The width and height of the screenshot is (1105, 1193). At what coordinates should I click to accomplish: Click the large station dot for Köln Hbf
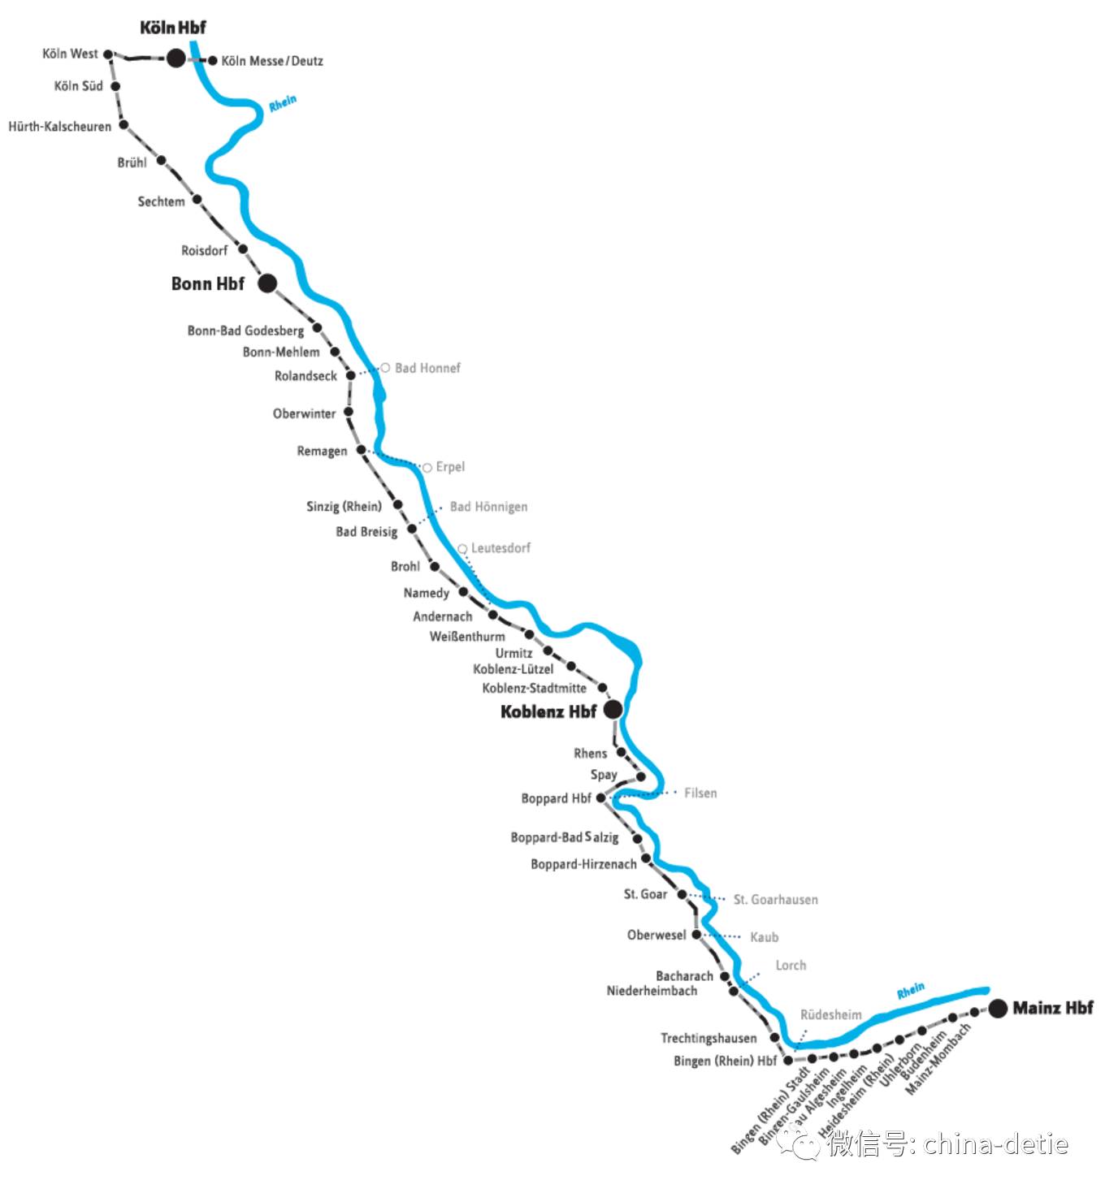(x=176, y=58)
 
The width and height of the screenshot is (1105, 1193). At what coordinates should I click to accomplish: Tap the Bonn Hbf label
(x=207, y=283)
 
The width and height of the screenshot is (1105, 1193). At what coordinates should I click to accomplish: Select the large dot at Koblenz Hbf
(x=613, y=709)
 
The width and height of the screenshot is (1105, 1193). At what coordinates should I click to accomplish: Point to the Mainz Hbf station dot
(x=998, y=1008)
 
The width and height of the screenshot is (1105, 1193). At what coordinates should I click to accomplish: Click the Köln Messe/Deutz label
(x=272, y=61)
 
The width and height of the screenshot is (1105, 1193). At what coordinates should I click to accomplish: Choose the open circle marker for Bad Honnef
(x=385, y=368)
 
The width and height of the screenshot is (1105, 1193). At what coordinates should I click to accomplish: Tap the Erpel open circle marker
(x=427, y=468)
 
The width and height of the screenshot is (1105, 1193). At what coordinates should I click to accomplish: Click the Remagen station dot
(x=362, y=449)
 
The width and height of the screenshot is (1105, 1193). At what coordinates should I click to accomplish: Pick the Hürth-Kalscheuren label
(x=59, y=127)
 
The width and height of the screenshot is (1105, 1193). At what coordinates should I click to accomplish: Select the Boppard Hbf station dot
(x=601, y=798)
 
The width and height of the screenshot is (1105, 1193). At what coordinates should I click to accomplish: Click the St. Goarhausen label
(x=775, y=900)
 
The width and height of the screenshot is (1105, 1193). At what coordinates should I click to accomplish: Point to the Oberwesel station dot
(x=695, y=935)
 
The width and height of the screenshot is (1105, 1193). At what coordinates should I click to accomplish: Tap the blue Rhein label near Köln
(x=283, y=103)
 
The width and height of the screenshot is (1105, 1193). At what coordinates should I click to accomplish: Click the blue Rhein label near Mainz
(x=910, y=991)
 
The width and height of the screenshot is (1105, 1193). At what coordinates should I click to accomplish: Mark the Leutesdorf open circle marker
(x=462, y=549)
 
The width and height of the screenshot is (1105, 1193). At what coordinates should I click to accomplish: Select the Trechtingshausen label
(x=708, y=1038)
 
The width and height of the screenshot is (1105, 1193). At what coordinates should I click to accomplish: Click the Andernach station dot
(x=492, y=615)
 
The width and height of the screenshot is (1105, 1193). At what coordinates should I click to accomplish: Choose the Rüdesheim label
(x=830, y=1015)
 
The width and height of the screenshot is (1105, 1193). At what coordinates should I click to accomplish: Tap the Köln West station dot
(x=108, y=54)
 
